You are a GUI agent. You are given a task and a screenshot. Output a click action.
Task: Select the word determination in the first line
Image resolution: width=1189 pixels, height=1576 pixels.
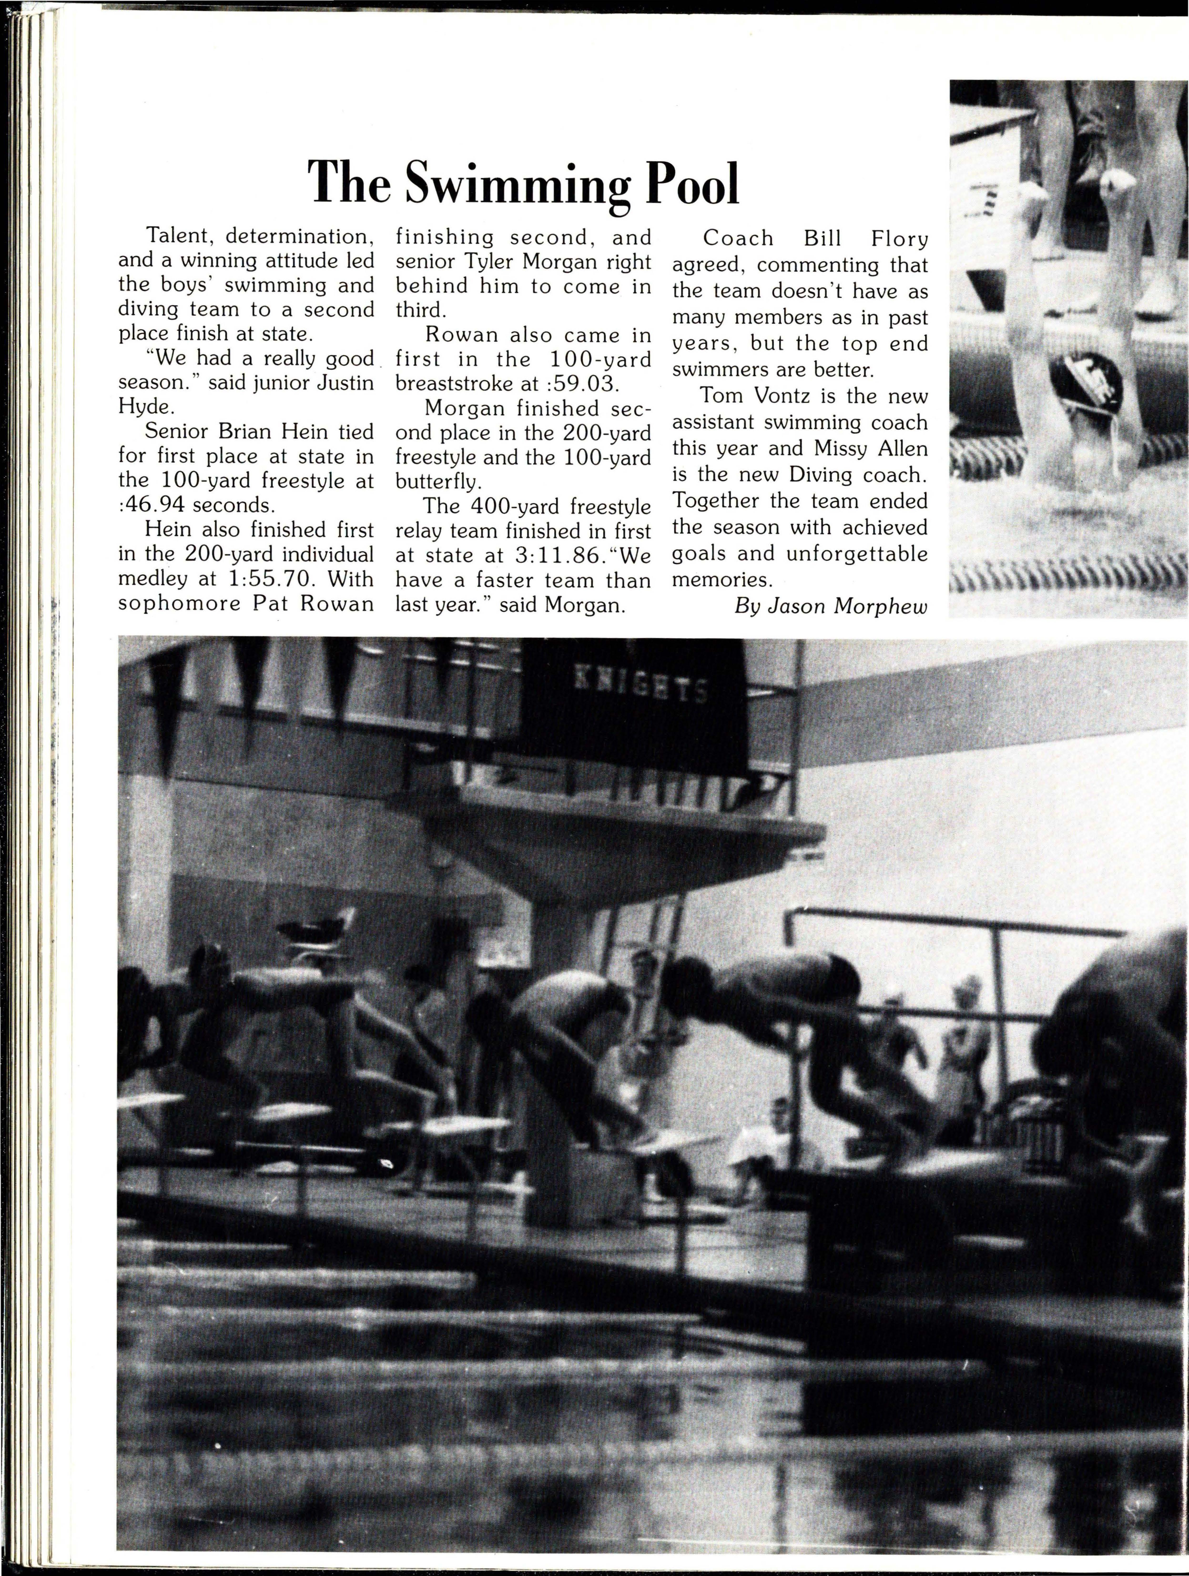click(294, 236)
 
